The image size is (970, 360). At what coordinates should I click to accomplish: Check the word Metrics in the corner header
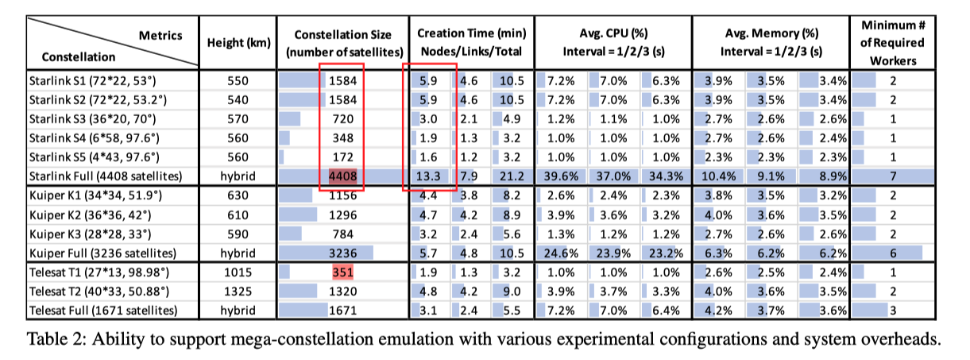160,35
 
